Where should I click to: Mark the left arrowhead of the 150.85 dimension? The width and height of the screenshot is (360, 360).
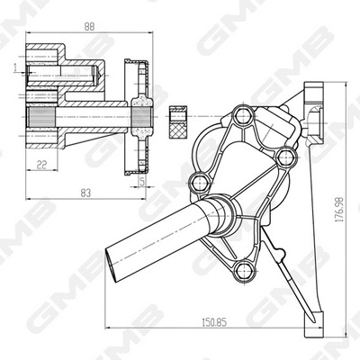coord(109,327)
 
